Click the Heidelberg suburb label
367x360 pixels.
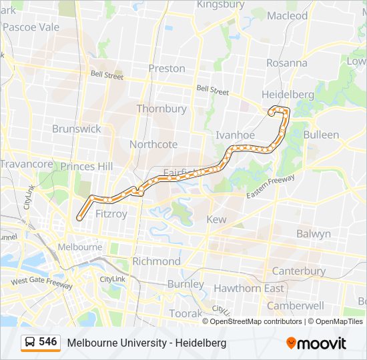click(x=288, y=95)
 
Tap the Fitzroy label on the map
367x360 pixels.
click(x=111, y=214)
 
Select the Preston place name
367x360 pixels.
click(x=167, y=68)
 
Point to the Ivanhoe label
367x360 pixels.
click(x=235, y=135)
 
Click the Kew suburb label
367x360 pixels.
click(x=217, y=219)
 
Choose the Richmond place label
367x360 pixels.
click(x=156, y=261)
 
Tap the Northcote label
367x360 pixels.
click(x=153, y=144)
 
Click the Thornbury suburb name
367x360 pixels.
click(x=161, y=108)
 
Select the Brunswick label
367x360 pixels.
click(x=77, y=129)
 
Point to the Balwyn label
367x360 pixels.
click(x=313, y=234)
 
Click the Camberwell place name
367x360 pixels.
click(x=296, y=305)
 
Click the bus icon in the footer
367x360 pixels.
click(x=30, y=343)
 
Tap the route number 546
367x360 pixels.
click(x=48, y=342)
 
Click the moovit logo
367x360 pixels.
click(x=316, y=343)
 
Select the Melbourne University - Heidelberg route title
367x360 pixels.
click(x=146, y=343)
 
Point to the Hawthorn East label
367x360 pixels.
click(x=248, y=289)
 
